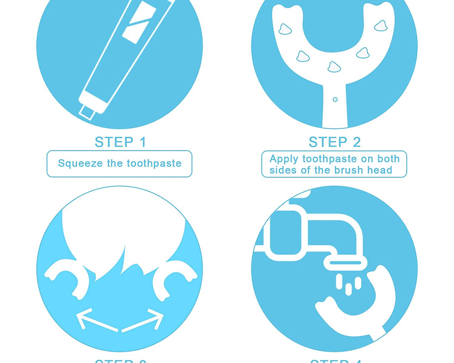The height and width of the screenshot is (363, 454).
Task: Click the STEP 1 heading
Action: pyautogui.click(x=120, y=142)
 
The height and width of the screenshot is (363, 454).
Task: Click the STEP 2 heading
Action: pyautogui.click(x=335, y=142)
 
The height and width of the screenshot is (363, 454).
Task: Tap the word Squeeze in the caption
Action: pyautogui.click(x=80, y=163)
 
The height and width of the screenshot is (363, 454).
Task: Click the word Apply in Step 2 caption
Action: pyautogui.click(x=284, y=159)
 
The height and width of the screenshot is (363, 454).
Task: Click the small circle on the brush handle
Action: pyautogui.click(x=335, y=99)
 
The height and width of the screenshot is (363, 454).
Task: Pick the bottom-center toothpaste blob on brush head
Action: pyautogui.click(x=334, y=67)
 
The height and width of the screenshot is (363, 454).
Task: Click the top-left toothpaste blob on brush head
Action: pyautogui.click(x=285, y=29)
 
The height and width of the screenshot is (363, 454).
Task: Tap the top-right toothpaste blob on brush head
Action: pyautogui.click(x=381, y=26)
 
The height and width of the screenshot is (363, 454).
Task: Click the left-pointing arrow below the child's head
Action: pyautogui.click(x=95, y=321)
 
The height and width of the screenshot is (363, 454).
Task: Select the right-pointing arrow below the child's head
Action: pyautogui.click(x=144, y=321)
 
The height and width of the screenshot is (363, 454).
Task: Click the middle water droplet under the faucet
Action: pyautogui.click(x=348, y=289)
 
